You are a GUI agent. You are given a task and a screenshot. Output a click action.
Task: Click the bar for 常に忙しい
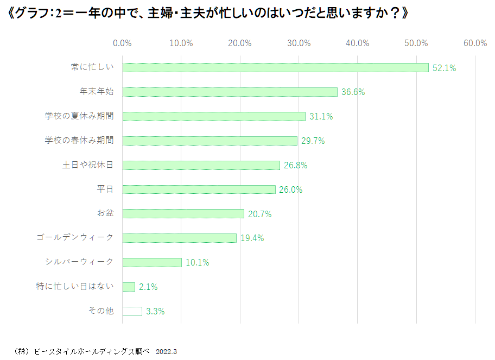275,67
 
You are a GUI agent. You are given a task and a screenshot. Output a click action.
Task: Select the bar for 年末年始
230,92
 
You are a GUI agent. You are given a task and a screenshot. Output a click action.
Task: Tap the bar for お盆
183,213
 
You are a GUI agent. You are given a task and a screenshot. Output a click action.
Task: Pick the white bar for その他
132,311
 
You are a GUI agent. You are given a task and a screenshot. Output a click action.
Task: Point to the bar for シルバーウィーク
152,262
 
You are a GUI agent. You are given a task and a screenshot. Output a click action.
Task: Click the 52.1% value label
444,68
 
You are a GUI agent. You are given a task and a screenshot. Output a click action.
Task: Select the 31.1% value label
321,116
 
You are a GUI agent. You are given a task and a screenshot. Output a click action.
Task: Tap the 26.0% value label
291,190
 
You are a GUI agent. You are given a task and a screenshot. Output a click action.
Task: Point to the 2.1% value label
148,287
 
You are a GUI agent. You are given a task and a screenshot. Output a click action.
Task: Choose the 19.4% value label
252,238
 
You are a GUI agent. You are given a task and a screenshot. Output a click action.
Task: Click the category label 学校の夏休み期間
79,116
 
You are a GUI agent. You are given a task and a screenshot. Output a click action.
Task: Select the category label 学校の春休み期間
79,140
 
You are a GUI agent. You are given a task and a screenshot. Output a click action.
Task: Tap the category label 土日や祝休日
88,165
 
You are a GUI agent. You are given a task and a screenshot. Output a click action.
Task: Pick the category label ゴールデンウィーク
75,237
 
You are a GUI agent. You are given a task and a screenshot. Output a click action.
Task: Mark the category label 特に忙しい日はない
75,286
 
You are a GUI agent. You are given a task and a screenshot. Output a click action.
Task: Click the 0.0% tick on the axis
122,43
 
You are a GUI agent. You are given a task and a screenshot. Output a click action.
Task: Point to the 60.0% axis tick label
475,43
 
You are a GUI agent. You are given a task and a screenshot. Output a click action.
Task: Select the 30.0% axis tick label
299,43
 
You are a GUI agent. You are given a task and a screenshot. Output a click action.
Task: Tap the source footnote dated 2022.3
96,351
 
